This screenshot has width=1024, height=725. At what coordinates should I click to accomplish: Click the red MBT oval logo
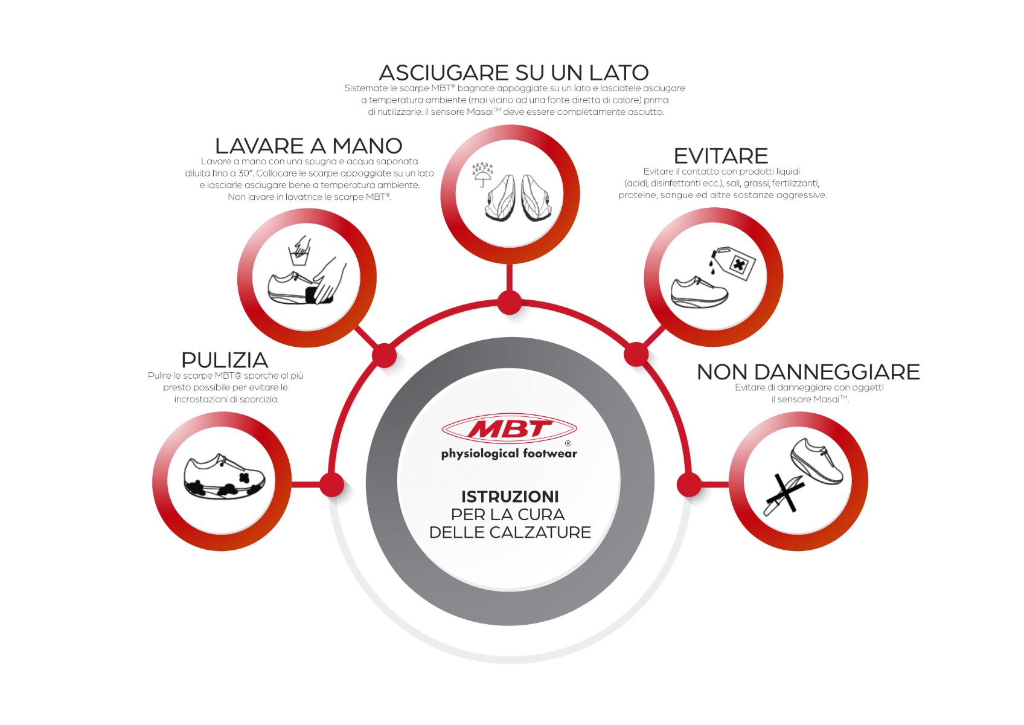(509, 428)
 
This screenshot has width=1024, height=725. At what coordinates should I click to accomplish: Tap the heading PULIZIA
(225, 360)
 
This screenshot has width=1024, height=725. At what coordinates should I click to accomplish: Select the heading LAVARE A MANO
(309, 146)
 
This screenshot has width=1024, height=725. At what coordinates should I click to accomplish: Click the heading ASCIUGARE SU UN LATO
(514, 72)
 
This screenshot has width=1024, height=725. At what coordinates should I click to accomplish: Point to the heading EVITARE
(721, 156)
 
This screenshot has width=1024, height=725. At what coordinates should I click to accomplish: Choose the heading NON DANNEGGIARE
(808, 372)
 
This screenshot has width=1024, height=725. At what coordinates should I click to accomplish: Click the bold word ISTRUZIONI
(510, 496)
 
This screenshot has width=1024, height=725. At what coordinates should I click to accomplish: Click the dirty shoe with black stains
(224, 477)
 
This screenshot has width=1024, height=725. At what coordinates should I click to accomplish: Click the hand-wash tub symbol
(300, 251)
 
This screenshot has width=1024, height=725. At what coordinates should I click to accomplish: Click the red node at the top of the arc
(510, 302)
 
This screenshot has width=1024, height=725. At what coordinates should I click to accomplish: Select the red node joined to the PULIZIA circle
(331, 485)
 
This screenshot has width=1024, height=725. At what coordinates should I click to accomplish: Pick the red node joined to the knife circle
(689, 485)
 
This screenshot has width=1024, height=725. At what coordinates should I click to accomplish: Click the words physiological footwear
(509, 453)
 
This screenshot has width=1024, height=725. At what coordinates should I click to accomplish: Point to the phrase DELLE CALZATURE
(510, 532)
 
